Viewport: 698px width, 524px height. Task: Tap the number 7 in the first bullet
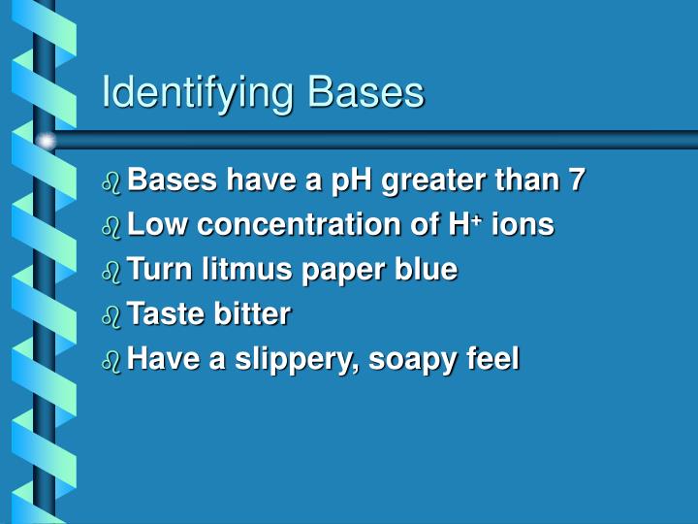click(578, 180)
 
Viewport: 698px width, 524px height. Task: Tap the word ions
click(523, 225)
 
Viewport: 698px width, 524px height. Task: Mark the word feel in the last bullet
click(492, 358)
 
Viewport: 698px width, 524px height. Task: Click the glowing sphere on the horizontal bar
click(47, 141)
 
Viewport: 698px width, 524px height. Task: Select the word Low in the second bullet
click(153, 225)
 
